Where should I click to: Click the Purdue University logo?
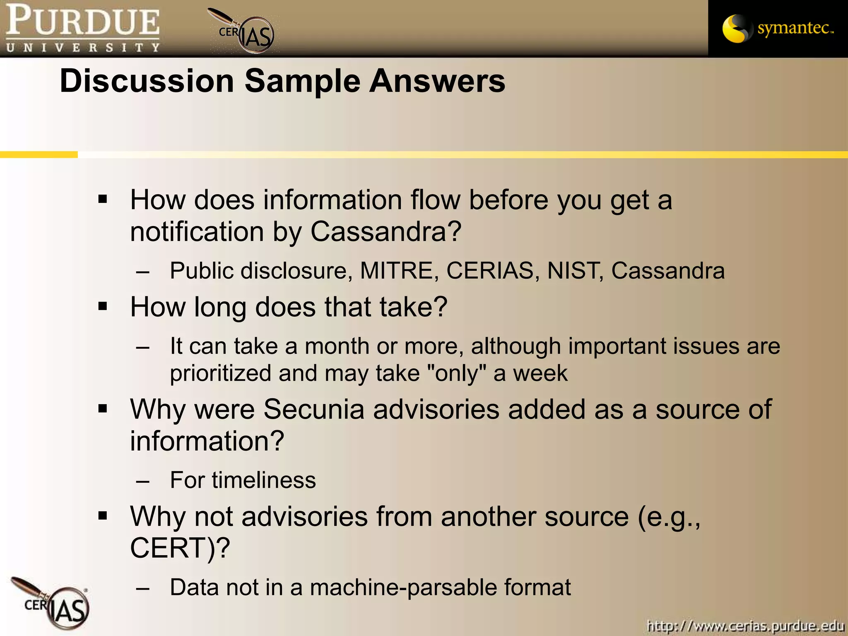[x=83, y=28]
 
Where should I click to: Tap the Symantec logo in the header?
[x=778, y=28]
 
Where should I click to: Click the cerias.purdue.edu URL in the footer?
[x=745, y=625]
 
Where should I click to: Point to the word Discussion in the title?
[x=147, y=81]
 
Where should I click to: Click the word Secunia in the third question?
[x=314, y=410]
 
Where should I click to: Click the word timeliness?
[x=264, y=480]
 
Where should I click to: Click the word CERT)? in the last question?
[x=180, y=548]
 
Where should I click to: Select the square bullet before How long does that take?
[x=103, y=307]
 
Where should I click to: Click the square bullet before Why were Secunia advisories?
[x=103, y=409]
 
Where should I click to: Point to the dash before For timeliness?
[x=142, y=482]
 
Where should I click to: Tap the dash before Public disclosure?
[x=142, y=272]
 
